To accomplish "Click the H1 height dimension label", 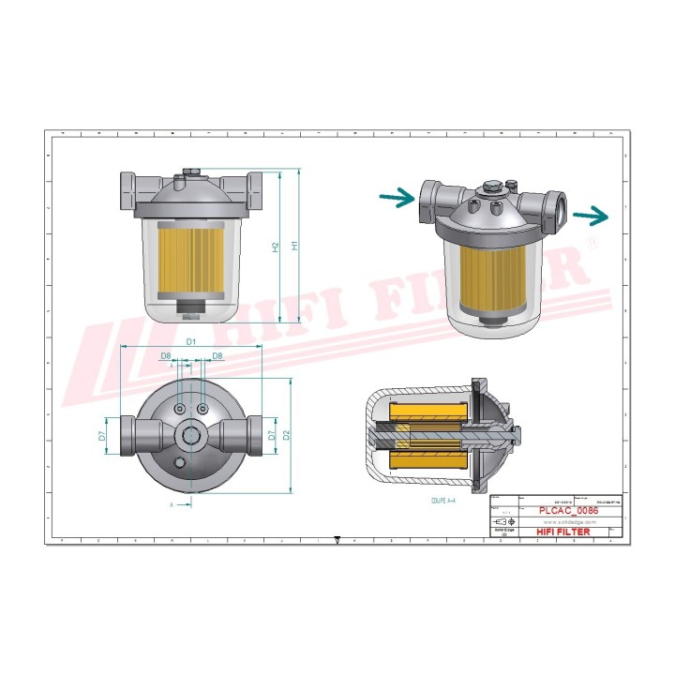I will coord(294,246).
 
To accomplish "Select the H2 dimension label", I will coord(276,247).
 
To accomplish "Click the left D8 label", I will coord(166,356).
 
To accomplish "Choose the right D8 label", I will coord(217,356).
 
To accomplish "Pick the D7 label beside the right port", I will coord(272,436).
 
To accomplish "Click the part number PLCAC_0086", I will coord(569,511).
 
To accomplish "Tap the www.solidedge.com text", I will coord(565,522).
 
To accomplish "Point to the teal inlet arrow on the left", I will coord(397,198).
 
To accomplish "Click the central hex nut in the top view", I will coord(191,435).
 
